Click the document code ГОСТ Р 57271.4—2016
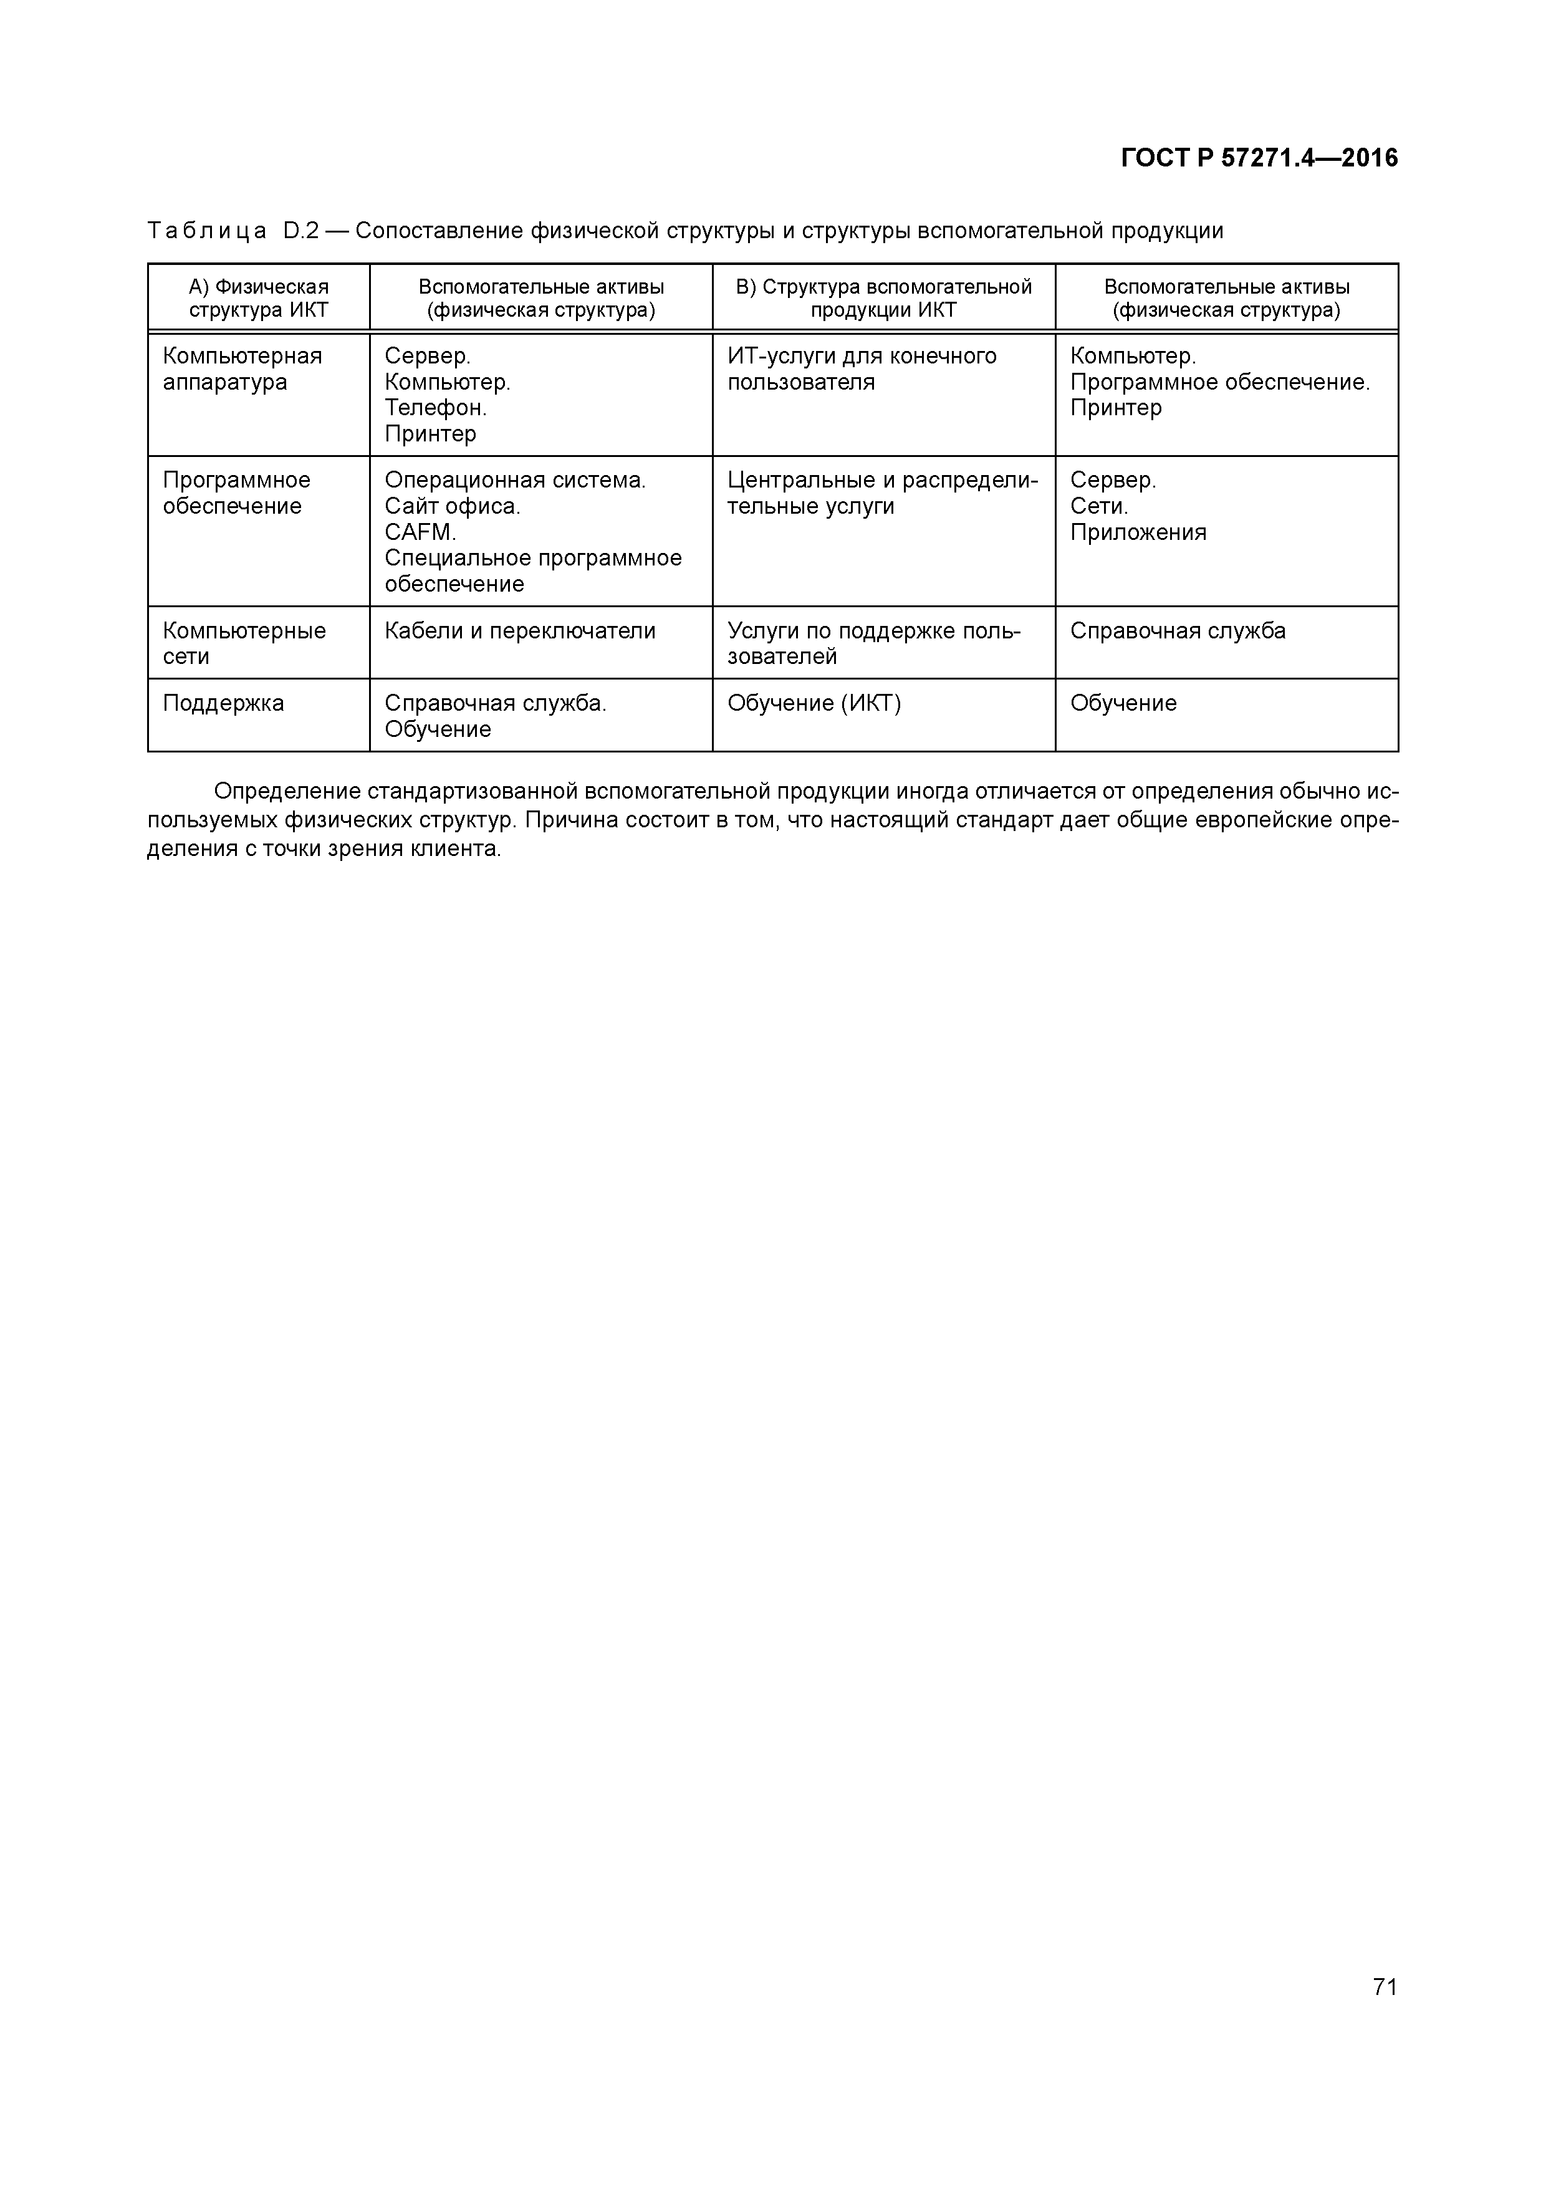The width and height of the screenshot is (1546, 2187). pyautogui.click(x=1259, y=158)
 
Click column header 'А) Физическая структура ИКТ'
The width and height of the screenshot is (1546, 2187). pyautogui.click(x=258, y=298)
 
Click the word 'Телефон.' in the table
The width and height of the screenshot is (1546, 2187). pyautogui.click(x=435, y=408)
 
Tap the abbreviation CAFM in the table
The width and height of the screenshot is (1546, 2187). pyautogui.click(x=419, y=532)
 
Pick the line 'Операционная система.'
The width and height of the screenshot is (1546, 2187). pyautogui.click(x=514, y=480)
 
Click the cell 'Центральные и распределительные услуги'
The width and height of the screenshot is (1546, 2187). pyautogui.click(x=882, y=493)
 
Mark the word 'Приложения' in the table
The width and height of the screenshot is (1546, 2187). pyautogui.click(x=1137, y=532)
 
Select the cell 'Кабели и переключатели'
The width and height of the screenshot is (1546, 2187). pyautogui.click(x=519, y=630)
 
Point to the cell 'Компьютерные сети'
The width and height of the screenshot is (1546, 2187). pyautogui.click(x=244, y=643)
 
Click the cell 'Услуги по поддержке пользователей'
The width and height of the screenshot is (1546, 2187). pyautogui.click(x=873, y=643)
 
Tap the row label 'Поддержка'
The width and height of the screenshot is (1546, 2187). pyautogui.click(x=223, y=703)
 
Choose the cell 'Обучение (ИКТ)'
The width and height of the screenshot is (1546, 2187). pyautogui.click(x=814, y=703)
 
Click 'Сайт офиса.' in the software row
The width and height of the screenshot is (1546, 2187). pyautogui.click(x=453, y=506)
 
